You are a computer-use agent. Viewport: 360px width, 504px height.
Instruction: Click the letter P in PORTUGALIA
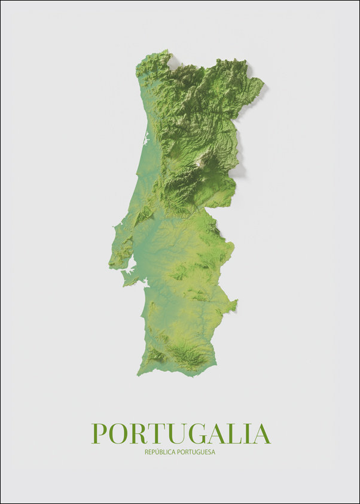(99, 433)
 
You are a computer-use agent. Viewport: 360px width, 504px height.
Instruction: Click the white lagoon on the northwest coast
(145, 141)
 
